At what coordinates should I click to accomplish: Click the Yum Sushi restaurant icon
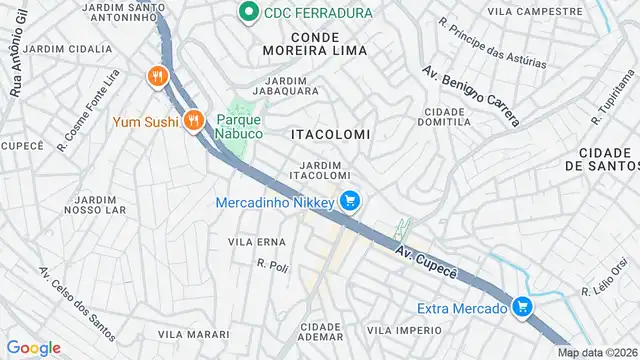click(195, 121)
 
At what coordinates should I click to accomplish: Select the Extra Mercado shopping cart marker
click(521, 308)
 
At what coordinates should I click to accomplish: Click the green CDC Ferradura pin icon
click(246, 13)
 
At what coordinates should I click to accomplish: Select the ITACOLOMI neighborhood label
click(330, 133)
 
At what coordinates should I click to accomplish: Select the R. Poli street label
click(272, 266)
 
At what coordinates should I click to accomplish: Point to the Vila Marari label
click(186, 333)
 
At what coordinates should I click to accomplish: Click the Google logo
click(33, 348)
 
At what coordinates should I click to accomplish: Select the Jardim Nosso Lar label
click(95, 204)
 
